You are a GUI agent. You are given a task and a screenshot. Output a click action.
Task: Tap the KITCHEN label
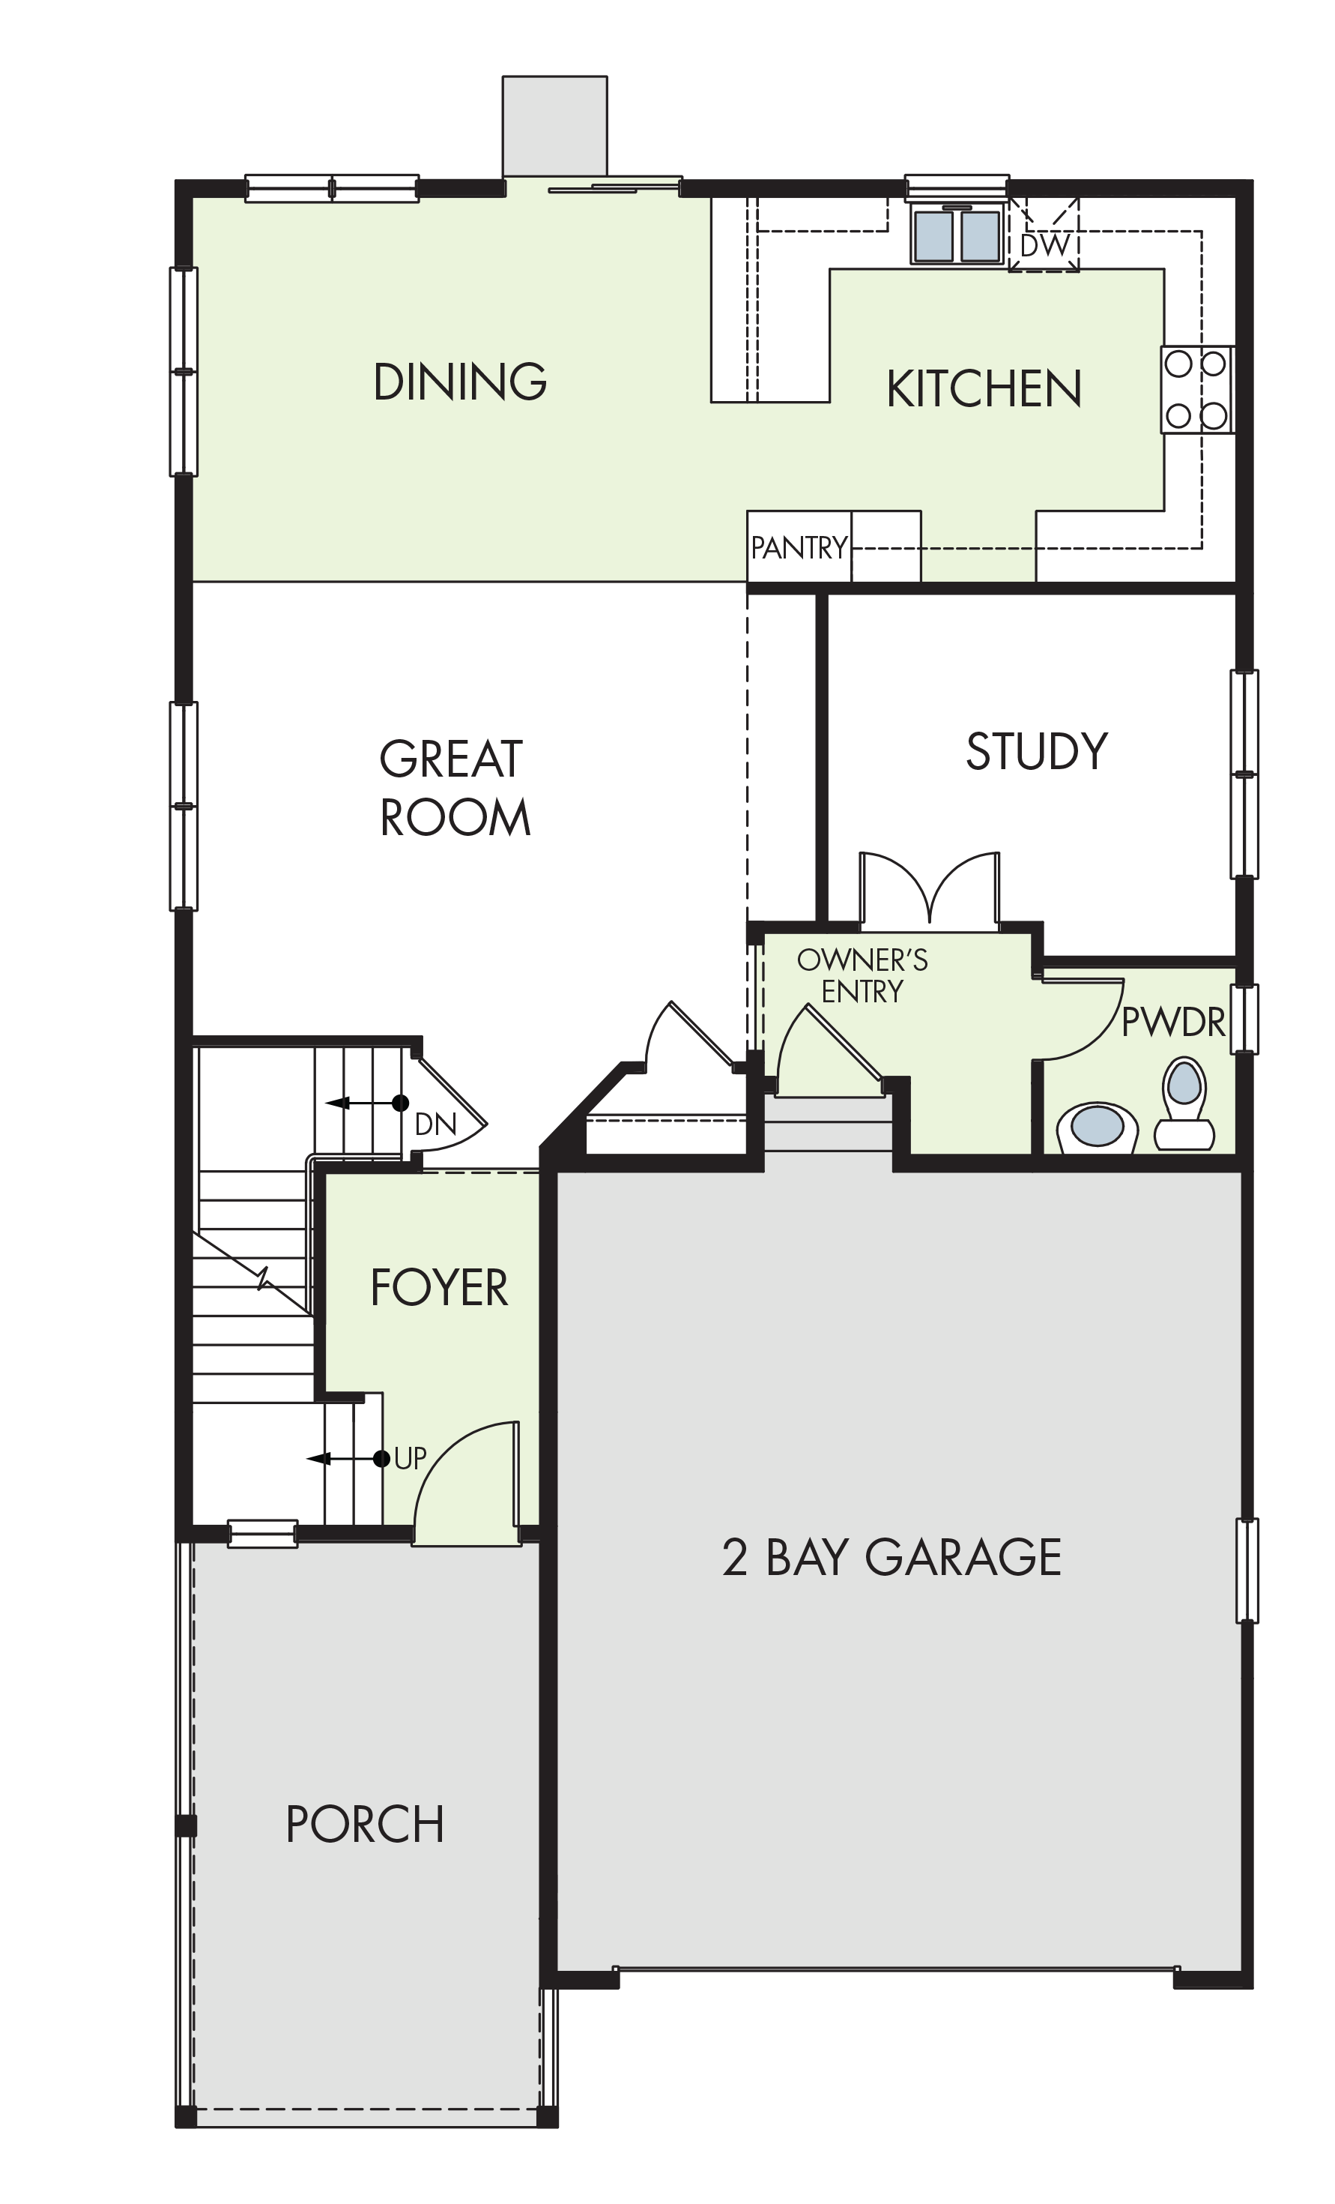984,389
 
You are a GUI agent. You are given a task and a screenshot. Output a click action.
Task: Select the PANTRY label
799,547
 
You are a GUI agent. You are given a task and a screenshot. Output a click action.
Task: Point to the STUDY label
1036,751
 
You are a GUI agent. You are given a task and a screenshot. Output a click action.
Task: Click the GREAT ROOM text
454,788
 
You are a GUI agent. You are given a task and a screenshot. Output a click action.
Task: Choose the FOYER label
439,1288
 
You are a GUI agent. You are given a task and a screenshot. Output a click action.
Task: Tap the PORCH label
365,1825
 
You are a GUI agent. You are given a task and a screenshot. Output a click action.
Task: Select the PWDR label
1173,1022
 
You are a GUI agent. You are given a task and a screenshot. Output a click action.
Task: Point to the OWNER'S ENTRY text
862,976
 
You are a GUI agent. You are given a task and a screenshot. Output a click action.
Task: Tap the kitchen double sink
957,235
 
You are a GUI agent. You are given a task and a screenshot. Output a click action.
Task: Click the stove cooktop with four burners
1196,390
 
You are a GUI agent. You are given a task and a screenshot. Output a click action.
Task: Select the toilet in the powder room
1184,1103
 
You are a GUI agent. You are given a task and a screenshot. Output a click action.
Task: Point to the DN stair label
435,1124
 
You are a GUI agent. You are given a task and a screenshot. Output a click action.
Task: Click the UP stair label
410,1459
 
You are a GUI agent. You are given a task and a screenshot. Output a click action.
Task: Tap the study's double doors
930,888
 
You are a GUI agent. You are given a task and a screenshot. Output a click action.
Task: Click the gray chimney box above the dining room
554,126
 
